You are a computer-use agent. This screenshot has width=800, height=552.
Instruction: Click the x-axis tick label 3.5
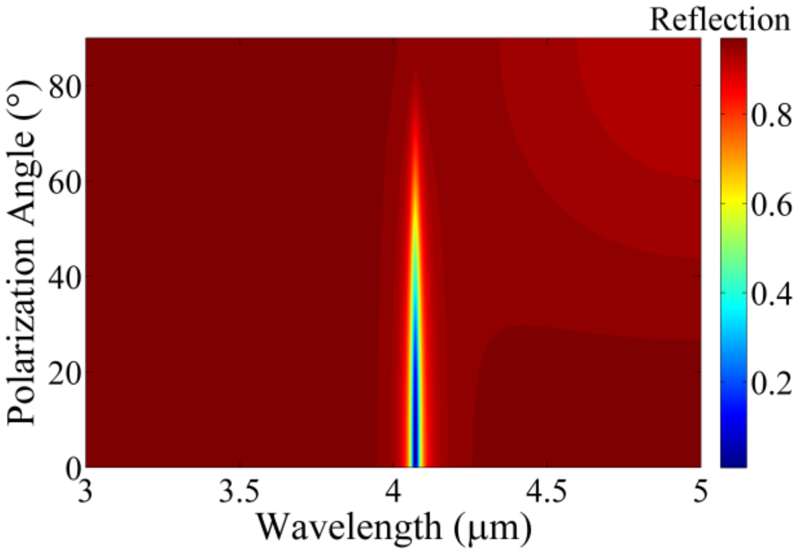(x=239, y=492)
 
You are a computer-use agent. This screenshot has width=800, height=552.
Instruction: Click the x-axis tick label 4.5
(x=547, y=492)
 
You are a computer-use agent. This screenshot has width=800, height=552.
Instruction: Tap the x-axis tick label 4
(x=393, y=492)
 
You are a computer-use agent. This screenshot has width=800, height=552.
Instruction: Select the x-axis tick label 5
(x=700, y=492)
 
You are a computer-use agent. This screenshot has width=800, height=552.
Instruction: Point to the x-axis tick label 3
(x=85, y=492)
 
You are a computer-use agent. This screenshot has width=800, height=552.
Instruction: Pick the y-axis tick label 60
(x=61, y=181)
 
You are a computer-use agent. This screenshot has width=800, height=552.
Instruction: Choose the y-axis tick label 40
(x=61, y=277)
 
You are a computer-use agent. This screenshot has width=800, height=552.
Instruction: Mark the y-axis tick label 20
(x=61, y=373)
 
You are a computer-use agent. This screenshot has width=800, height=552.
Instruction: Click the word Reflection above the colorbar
(x=720, y=20)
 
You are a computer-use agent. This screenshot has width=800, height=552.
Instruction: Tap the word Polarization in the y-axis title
(x=22, y=331)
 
